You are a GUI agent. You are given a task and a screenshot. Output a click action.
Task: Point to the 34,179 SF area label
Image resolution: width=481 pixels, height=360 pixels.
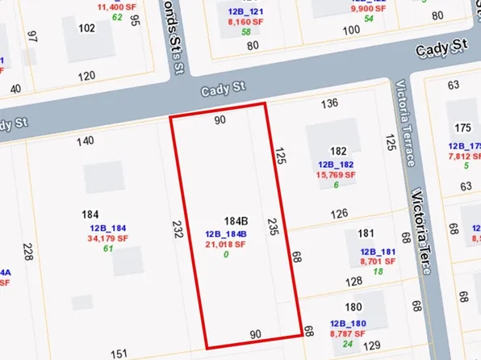[x=108, y=238]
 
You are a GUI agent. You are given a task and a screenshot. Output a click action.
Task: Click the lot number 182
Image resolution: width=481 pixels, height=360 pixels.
[x=338, y=151]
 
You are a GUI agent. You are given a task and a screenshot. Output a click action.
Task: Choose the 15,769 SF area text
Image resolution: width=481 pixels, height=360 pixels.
[x=338, y=174]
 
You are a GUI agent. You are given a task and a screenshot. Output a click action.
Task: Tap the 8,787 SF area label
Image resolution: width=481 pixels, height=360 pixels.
[x=348, y=333]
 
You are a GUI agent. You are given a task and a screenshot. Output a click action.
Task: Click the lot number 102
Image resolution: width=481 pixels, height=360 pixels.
[x=86, y=27]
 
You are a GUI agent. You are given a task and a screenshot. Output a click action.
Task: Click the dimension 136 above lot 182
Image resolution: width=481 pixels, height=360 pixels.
[x=329, y=103]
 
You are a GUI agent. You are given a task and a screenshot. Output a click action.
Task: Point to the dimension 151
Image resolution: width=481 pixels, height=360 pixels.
[x=119, y=354]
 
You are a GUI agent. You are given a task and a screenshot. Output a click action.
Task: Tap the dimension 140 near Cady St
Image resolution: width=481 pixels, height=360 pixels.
[x=85, y=141]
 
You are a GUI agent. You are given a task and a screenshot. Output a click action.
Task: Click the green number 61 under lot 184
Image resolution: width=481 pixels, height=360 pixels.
[x=107, y=249]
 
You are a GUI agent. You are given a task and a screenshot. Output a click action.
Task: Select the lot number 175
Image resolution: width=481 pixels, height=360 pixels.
[x=462, y=128]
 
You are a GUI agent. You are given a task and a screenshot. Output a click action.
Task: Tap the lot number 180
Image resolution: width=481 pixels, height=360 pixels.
[x=353, y=308]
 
